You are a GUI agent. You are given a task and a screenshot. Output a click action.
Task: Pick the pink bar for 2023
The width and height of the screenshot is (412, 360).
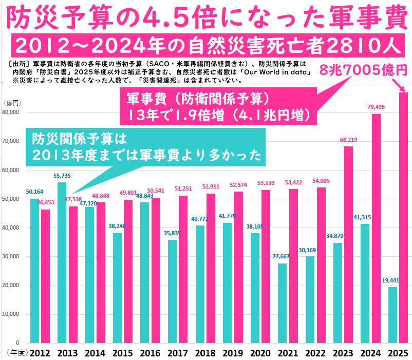tap(348, 244)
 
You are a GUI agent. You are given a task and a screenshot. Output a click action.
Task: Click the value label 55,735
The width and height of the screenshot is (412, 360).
tap(63, 176)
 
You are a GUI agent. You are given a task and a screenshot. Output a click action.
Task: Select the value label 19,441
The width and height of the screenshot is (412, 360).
tap(393, 280)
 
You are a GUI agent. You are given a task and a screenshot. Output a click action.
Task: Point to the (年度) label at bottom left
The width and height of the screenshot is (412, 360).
tap(15, 353)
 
